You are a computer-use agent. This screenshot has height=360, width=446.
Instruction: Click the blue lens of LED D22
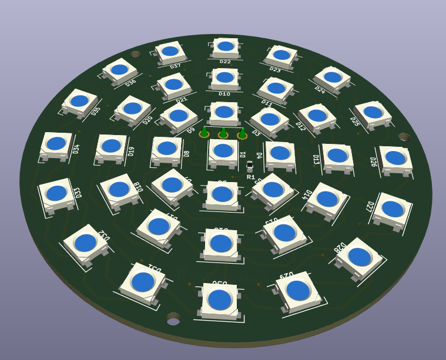pyautogui.click(x=226, y=46)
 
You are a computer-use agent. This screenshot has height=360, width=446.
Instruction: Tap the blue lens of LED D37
pyautogui.click(x=170, y=51)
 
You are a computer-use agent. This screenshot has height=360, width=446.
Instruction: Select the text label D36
pyautogui.click(x=130, y=82)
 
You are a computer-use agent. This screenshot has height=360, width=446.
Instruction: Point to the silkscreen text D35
pyautogui.click(x=96, y=110)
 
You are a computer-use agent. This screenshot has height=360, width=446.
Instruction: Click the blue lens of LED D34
pyautogui.click(x=56, y=143)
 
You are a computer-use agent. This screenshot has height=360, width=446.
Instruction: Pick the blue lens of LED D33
pyautogui.click(x=56, y=193)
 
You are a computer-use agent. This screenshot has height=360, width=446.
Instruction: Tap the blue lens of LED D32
pyautogui.click(x=85, y=242)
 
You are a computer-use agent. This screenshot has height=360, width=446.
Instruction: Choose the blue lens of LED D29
pyautogui.click(x=298, y=289)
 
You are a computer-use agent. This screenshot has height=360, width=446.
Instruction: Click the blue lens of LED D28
pyautogui.click(x=360, y=257)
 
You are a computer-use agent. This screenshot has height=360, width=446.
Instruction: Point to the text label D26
pyautogui.click(x=373, y=162)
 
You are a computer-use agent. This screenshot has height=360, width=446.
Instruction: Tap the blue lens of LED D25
pyautogui.click(x=373, y=112)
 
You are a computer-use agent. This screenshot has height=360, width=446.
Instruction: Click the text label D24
pyautogui.click(x=320, y=90)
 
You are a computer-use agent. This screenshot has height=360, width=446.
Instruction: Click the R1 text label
pyautogui.click(x=251, y=177)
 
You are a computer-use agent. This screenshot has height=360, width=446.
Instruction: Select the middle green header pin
pyautogui.click(x=223, y=133)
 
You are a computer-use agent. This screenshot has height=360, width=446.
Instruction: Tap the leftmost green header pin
pyautogui.click(x=204, y=132)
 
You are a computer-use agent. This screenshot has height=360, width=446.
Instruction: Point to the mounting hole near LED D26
pyautogui.click(x=404, y=137)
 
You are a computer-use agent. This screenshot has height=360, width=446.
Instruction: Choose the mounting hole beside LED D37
pyautogui.click(x=136, y=54)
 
